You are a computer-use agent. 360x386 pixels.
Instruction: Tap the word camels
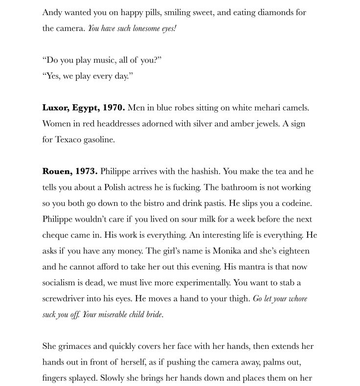point(295,108)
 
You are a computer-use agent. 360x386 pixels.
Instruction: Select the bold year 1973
point(86,171)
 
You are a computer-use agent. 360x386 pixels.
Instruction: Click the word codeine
point(295,203)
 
